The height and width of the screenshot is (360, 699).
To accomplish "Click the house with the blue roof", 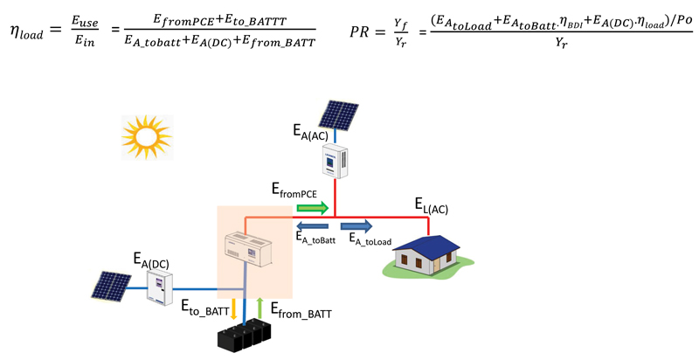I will [426, 253].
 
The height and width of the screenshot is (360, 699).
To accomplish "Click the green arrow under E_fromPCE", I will [313, 208].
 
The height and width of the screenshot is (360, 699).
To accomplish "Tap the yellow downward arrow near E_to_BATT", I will [234, 308].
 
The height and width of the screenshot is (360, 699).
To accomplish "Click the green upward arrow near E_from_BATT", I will [259, 308].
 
